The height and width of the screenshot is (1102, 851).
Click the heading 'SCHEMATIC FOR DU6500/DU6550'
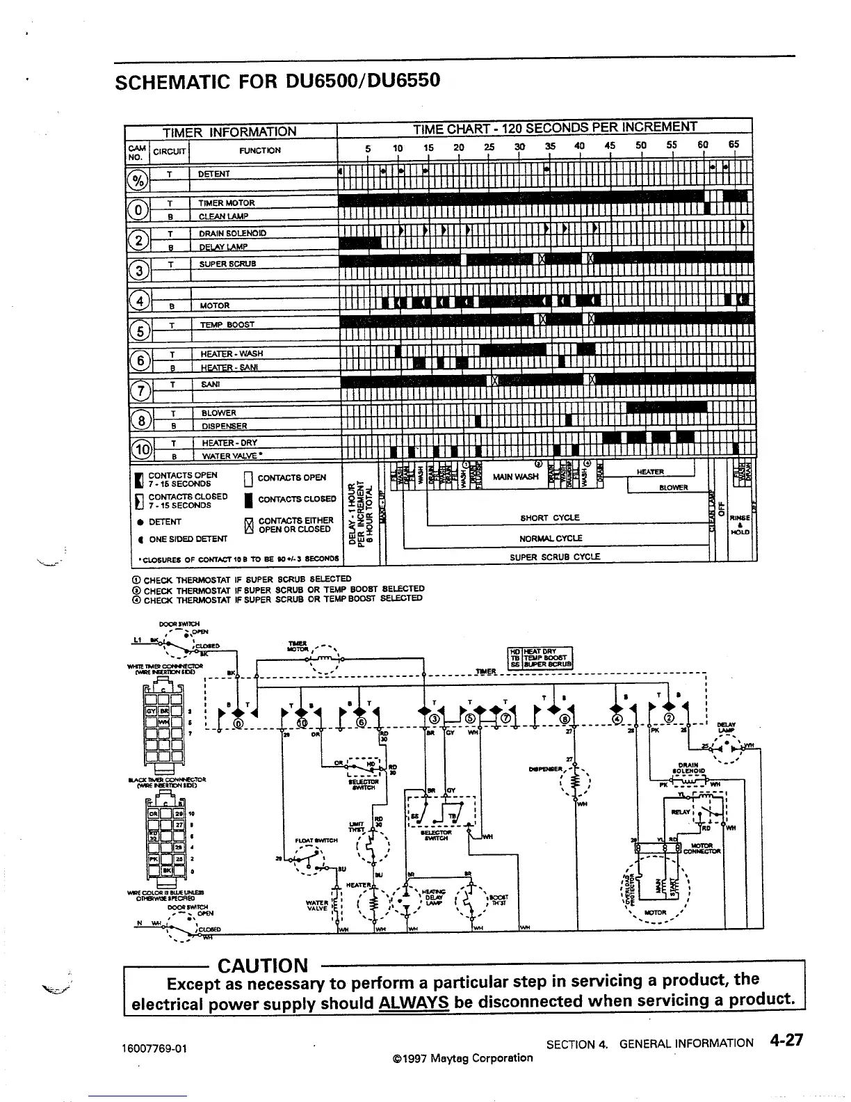(x=277, y=82)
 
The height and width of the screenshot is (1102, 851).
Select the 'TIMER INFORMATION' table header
(x=229, y=131)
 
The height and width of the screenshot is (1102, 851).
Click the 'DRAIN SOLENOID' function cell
(x=232, y=233)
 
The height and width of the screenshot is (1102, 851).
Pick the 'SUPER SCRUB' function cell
(x=227, y=264)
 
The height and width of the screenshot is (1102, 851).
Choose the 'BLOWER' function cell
(x=219, y=413)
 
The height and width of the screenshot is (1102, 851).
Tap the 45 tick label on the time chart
(x=610, y=146)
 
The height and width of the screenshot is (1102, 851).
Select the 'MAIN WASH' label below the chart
(x=515, y=477)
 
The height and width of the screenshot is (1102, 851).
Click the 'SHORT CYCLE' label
(x=549, y=518)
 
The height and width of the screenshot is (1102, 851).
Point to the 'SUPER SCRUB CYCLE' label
(x=554, y=557)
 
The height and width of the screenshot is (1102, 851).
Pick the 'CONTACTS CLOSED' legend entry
(x=297, y=500)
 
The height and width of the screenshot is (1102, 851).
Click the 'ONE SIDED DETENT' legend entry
(x=188, y=539)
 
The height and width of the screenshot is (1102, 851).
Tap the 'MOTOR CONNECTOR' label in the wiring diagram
(x=702, y=848)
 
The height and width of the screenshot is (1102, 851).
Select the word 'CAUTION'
(x=262, y=966)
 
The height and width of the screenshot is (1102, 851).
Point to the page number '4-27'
(x=786, y=1041)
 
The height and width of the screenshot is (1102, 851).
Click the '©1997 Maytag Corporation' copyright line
(x=462, y=1058)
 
